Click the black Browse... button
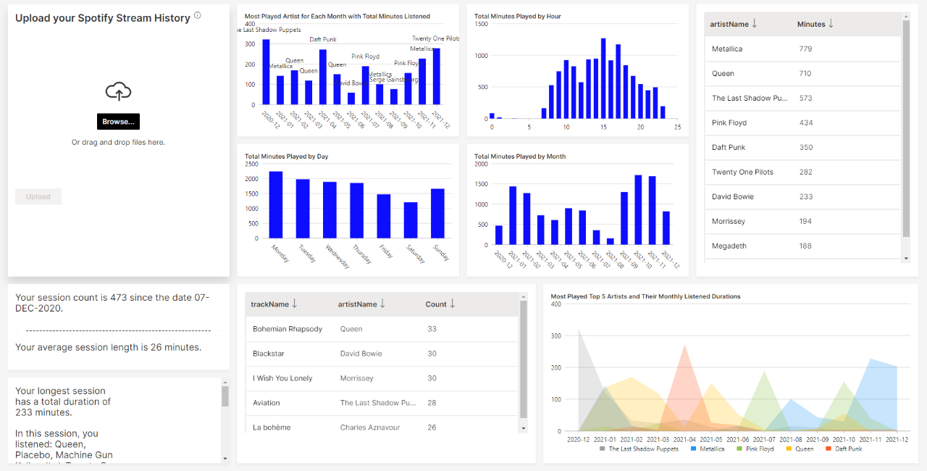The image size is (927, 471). click(x=118, y=122)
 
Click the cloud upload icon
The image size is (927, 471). click(x=118, y=91)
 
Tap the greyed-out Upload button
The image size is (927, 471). click(x=38, y=196)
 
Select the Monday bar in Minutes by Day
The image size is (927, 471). click(x=276, y=204)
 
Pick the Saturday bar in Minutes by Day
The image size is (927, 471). click(x=411, y=220)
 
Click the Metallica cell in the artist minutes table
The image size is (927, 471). click(x=727, y=49)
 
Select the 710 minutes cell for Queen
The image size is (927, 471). click(x=805, y=74)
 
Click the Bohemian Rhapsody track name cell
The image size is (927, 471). click(x=288, y=329)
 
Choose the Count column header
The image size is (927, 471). click(x=436, y=304)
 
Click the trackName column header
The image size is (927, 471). click(x=270, y=304)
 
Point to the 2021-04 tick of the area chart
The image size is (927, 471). click(x=684, y=439)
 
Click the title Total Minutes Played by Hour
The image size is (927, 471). click(x=518, y=16)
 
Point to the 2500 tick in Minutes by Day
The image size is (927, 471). click(x=251, y=164)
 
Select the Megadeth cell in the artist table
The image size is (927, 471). click(x=729, y=246)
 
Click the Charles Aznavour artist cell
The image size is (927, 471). click(x=370, y=428)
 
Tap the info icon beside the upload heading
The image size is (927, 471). click(x=198, y=15)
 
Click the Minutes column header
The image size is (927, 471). click(x=811, y=24)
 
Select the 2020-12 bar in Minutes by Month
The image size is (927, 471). click(x=499, y=235)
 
